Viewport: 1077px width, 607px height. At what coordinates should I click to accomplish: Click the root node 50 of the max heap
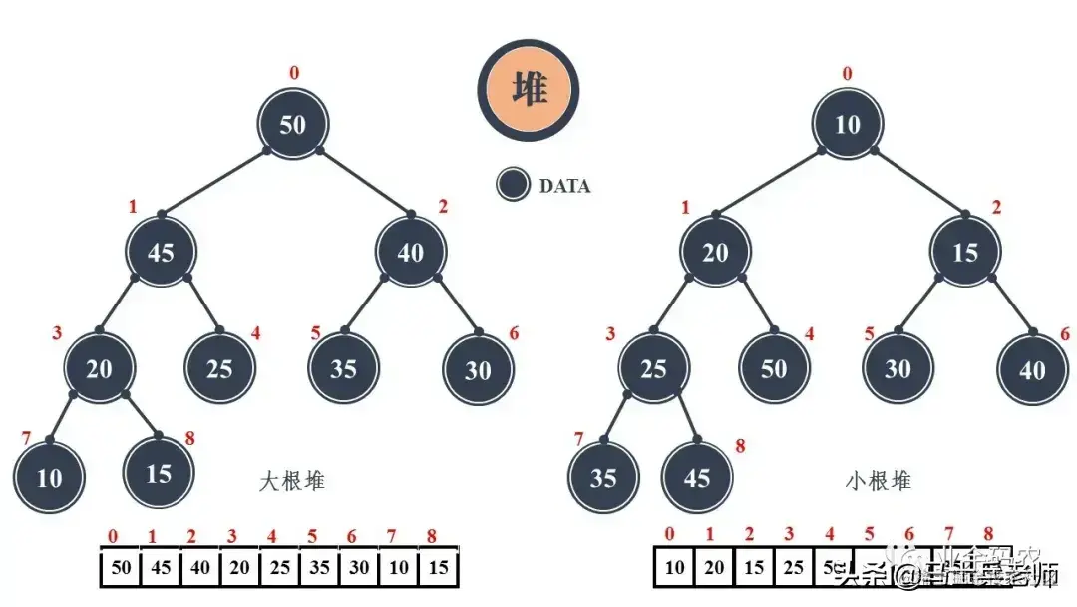pyautogui.click(x=293, y=125)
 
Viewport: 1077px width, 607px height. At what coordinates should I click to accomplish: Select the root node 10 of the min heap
pyautogui.click(x=848, y=125)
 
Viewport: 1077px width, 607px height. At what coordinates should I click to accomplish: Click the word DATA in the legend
pyautogui.click(x=564, y=186)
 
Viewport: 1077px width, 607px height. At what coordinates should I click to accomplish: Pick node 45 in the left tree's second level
pyautogui.click(x=161, y=253)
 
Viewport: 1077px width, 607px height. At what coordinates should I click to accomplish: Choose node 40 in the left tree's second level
pyautogui.click(x=411, y=253)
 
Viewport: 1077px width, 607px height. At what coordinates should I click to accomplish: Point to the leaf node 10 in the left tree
pyautogui.click(x=50, y=477)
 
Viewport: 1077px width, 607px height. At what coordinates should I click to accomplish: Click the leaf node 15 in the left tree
pyautogui.click(x=159, y=473)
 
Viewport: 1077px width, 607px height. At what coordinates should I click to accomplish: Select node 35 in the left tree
pyautogui.click(x=343, y=368)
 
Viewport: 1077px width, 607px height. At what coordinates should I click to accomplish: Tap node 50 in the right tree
pyautogui.click(x=774, y=368)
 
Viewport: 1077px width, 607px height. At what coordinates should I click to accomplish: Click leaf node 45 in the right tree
pyautogui.click(x=696, y=477)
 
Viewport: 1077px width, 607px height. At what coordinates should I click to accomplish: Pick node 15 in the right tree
pyautogui.click(x=965, y=253)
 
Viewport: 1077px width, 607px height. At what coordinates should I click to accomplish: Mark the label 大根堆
pyautogui.click(x=292, y=481)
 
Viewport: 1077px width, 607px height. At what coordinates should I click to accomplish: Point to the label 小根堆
pyautogui.click(x=879, y=481)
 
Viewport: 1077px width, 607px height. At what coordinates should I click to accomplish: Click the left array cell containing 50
pyautogui.click(x=121, y=568)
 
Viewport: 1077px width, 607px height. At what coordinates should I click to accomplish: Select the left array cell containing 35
pyautogui.click(x=319, y=568)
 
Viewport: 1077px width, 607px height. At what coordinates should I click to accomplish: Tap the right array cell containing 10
pyautogui.click(x=674, y=568)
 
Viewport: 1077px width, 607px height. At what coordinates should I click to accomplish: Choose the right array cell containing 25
pyautogui.click(x=793, y=568)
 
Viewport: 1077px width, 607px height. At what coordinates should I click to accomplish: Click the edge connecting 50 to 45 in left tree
pyautogui.click(x=214, y=181)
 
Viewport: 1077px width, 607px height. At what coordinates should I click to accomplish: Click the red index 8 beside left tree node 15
pyautogui.click(x=189, y=438)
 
